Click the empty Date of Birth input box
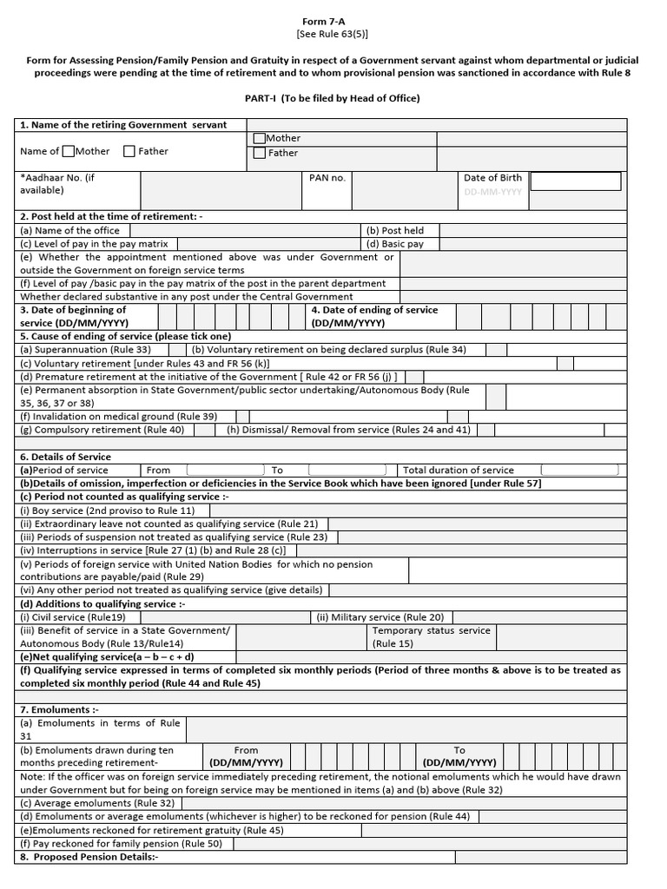[x=575, y=181]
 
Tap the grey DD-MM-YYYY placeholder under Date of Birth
[x=492, y=192]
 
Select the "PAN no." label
[x=327, y=178]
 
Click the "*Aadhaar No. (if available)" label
[x=57, y=183]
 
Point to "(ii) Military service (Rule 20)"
[x=380, y=617]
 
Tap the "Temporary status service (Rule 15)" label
[x=431, y=636]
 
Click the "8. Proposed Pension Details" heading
[x=89, y=856]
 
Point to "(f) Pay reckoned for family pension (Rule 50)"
[x=121, y=843]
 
